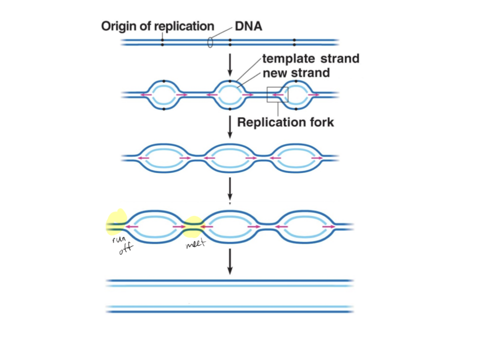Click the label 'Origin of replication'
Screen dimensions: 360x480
[157, 26]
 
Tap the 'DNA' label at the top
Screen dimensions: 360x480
[248, 26]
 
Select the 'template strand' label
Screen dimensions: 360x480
[310, 58]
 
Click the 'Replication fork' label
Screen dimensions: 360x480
[285, 122]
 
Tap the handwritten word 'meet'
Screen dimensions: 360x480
[195, 245]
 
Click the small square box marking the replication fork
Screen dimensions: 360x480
[277, 94]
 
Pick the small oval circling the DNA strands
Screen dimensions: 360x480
[210, 42]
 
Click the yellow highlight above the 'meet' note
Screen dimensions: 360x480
[193, 226]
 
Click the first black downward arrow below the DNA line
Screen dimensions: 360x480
[230, 62]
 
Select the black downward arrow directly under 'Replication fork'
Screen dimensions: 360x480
[230, 128]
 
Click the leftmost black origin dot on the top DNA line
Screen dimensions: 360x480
[162, 42]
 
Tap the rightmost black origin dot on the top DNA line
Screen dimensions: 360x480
[294, 42]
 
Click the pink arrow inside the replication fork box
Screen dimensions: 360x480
[281, 94]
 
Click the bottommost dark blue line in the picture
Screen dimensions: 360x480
[230, 312]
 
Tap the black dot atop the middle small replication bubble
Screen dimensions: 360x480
[229, 81]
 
